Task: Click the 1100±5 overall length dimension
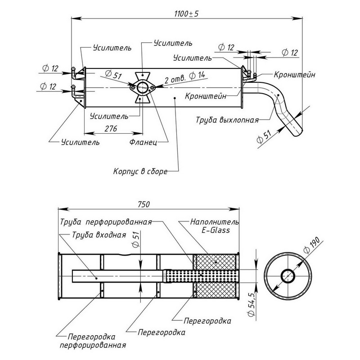(x=186, y=13)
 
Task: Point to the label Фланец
(x=143, y=142)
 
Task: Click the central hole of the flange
(x=142, y=87)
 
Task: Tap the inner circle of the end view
(x=288, y=275)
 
